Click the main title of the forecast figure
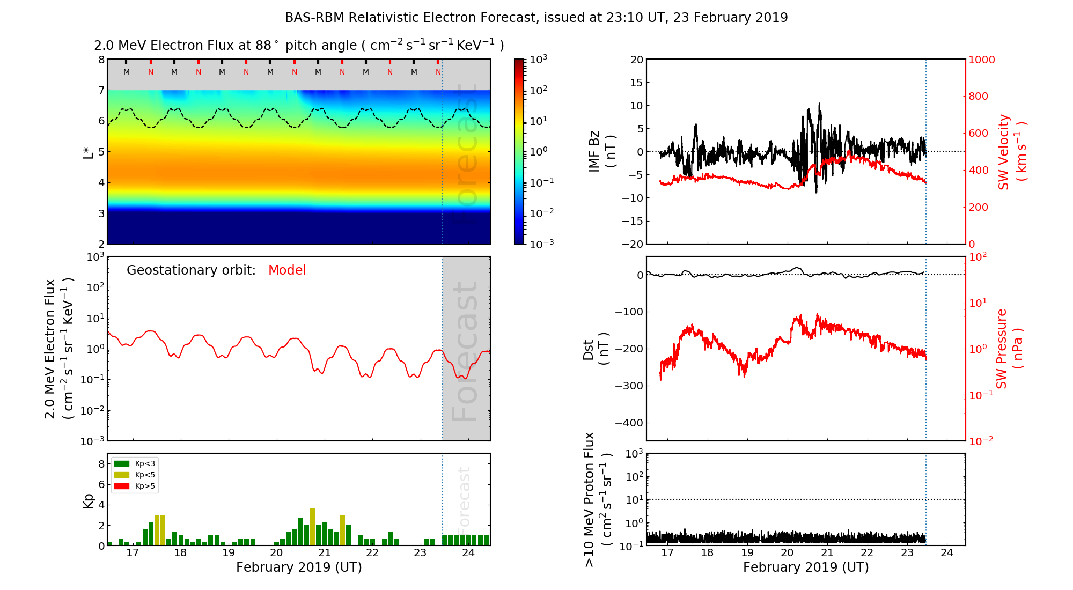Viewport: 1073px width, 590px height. point(536,18)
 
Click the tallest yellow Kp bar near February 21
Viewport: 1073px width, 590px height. point(312,526)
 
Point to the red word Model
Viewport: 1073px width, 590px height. point(287,270)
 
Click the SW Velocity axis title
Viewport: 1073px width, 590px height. point(1012,152)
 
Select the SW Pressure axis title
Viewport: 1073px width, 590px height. point(1009,349)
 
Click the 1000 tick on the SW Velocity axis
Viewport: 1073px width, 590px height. point(981,60)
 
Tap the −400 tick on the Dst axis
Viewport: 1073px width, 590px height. point(629,423)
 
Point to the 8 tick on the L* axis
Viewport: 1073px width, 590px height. point(101,60)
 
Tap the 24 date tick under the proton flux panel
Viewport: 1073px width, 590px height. point(947,553)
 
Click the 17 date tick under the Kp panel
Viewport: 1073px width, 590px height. point(133,553)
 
